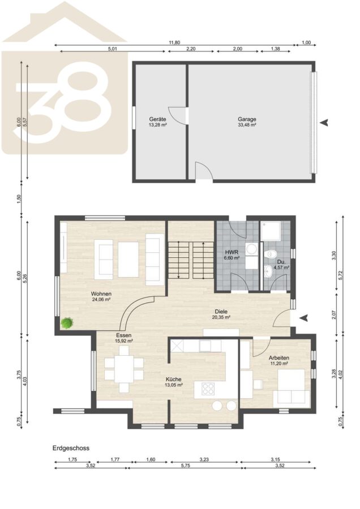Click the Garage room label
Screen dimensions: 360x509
[x=247, y=119]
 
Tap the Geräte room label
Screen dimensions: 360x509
[x=157, y=119]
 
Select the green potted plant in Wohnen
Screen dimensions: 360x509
[x=67, y=323]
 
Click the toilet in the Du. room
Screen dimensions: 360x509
[x=271, y=254]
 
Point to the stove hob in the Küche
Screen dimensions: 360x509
[x=208, y=389]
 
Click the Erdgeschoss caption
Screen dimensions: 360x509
[x=71, y=448]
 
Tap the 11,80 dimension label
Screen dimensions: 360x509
[x=174, y=42]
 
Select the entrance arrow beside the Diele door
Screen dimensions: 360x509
[x=303, y=318]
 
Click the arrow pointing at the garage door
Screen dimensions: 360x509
[x=324, y=122]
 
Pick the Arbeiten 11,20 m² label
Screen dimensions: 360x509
[x=279, y=361]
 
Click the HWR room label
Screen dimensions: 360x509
[x=232, y=252]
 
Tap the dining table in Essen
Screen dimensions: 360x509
[x=124, y=369]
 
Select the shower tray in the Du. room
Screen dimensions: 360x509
[x=271, y=231]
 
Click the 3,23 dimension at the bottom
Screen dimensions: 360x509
[x=204, y=459]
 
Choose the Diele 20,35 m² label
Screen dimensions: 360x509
[x=221, y=314]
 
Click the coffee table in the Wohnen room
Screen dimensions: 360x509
[x=128, y=260]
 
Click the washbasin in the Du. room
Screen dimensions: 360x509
[x=268, y=271]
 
